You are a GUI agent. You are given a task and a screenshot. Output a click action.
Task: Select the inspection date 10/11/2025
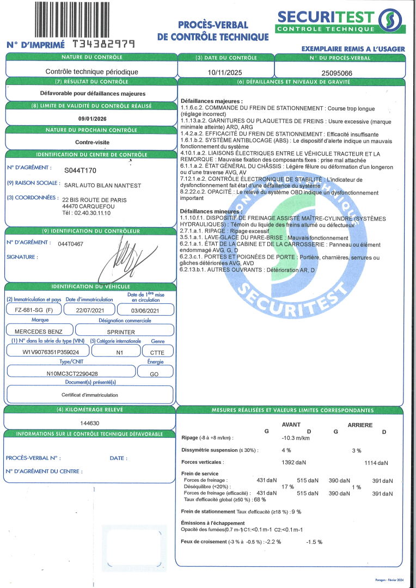(x=225, y=71)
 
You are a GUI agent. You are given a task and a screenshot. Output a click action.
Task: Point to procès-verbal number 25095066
(x=337, y=72)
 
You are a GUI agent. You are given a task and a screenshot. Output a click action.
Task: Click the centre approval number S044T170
(x=80, y=170)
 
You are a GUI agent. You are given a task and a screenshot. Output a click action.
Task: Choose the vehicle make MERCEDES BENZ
(x=39, y=332)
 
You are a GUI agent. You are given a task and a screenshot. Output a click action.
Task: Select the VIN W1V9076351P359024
(x=47, y=352)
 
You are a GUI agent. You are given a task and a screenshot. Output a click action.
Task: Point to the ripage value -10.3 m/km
(x=296, y=438)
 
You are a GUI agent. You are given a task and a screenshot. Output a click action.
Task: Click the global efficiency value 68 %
(x=260, y=499)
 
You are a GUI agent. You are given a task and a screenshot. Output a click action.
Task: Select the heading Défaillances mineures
(x=211, y=211)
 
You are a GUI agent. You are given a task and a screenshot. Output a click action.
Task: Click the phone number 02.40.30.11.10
(x=96, y=213)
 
